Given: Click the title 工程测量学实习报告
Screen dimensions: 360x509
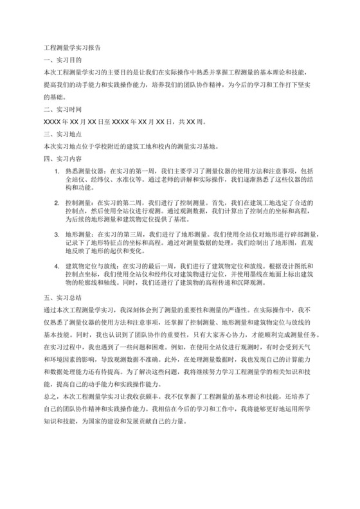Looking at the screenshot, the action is pyautogui.click(x=71, y=48).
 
